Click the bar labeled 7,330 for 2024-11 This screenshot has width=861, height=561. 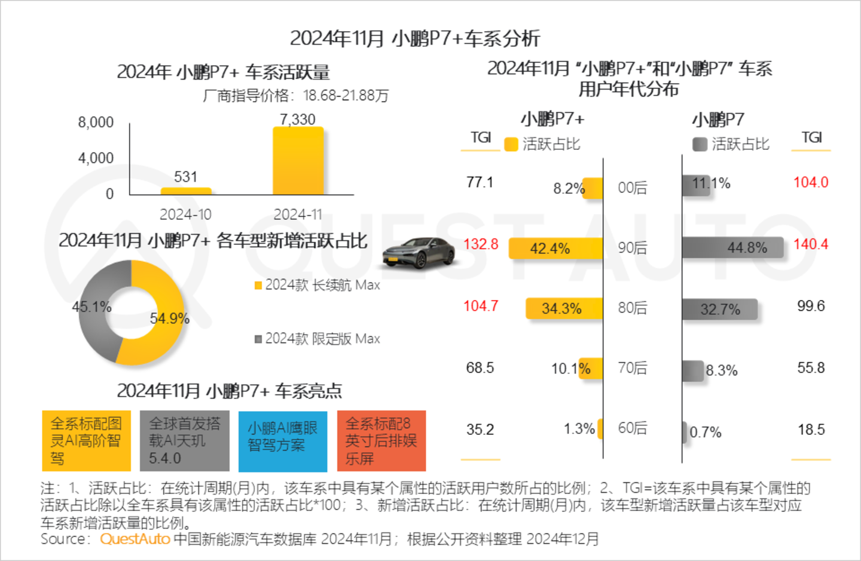click(x=298, y=161)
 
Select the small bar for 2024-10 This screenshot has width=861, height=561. click(x=186, y=191)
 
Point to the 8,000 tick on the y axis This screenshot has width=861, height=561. click(x=96, y=122)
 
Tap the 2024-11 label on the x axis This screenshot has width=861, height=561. click(x=298, y=214)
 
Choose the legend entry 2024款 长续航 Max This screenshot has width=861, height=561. click(x=317, y=286)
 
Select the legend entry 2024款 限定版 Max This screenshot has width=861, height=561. click(x=317, y=339)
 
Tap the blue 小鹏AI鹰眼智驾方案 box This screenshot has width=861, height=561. click(x=283, y=441)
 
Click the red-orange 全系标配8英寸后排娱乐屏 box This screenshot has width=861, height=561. click(x=381, y=441)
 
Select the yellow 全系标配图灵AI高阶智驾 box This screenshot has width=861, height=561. click(x=86, y=441)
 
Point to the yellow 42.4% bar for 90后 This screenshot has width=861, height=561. click(x=555, y=249)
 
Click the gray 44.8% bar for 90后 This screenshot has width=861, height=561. click(x=732, y=247)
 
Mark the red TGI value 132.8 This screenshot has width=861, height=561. click(x=481, y=244)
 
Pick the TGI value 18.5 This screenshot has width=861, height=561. click(x=811, y=430)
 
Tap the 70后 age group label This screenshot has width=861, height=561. click(x=633, y=368)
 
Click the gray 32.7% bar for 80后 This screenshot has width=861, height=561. click(x=720, y=309)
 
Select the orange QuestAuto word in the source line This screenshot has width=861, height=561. click(x=135, y=539)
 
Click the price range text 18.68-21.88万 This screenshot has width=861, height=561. click(x=346, y=96)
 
